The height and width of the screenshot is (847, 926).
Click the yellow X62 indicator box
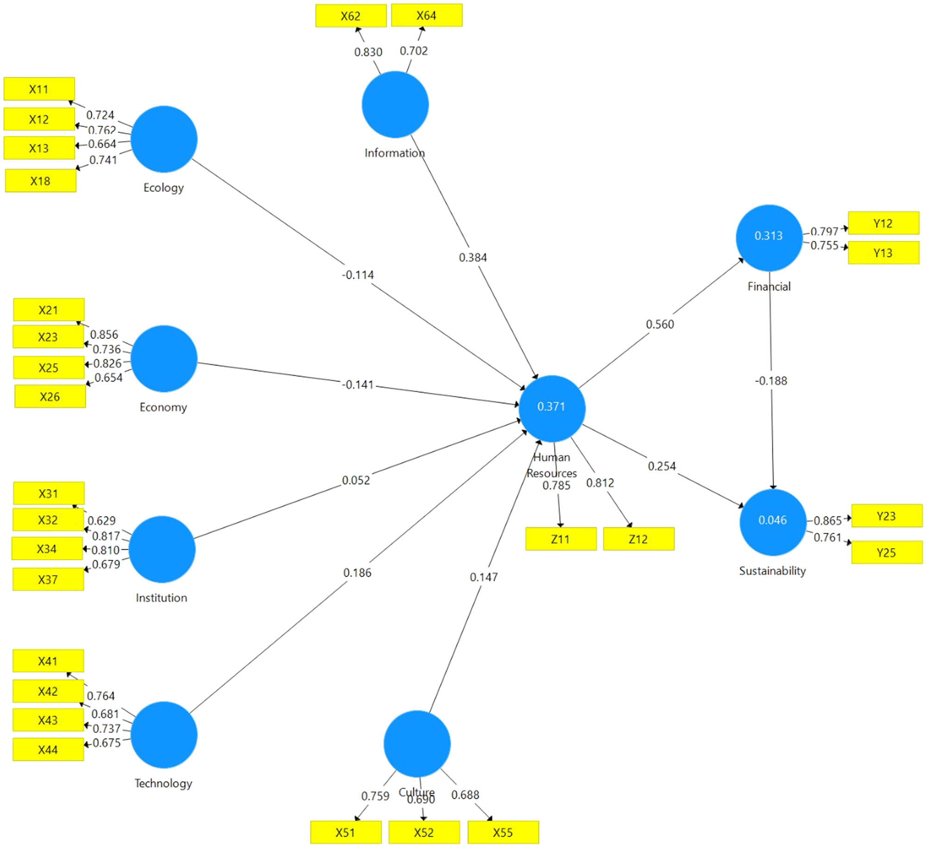(350, 16)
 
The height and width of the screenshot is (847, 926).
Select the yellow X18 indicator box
(40, 181)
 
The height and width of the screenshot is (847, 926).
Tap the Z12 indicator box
(638, 539)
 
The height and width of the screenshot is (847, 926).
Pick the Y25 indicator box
(886, 552)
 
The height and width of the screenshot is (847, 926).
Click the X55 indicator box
(503, 832)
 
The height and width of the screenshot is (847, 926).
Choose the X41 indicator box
(48, 660)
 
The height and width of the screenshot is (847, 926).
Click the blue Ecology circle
(164, 139)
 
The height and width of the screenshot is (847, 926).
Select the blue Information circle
(395, 105)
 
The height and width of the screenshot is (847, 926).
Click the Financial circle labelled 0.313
(769, 237)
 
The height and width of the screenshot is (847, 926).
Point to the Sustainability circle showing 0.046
(772, 522)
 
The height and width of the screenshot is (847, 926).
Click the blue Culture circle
(417, 743)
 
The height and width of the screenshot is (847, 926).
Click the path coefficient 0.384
(473, 257)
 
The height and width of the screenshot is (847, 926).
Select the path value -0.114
(358, 275)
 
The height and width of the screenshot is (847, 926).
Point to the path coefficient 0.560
(660, 324)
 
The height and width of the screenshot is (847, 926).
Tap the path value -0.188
(771, 380)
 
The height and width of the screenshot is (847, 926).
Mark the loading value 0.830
(368, 52)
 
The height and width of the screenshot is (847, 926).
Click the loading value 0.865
(827, 520)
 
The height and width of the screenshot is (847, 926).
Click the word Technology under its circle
(163, 783)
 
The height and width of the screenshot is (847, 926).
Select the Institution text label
(161, 598)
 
